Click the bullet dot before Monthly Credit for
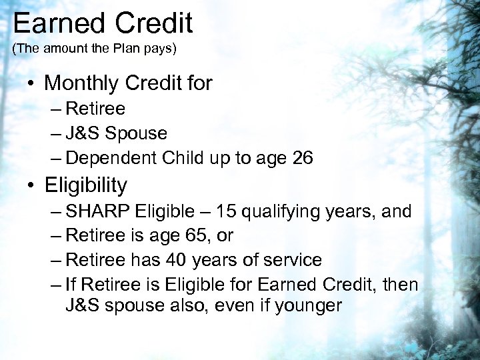click(x=32, y=84)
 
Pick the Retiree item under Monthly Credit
click(x=95, y=108)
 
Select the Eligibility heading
click(x=85, y=184)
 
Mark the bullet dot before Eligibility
click(x=32, y=185)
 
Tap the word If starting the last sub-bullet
click(x=71, y=285)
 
